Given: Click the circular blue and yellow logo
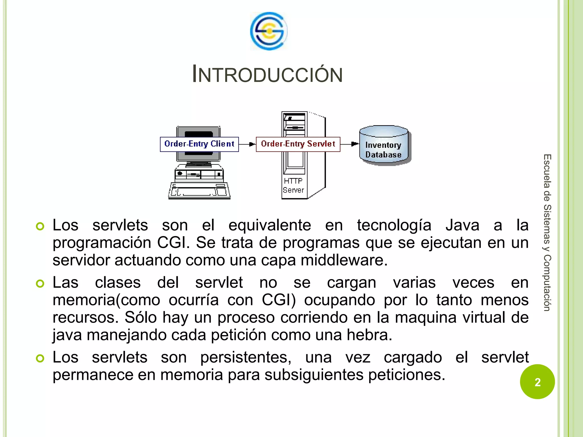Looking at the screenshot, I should pyautogui.click(x=269, y=31).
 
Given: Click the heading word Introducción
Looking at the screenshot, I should pyautogui.click(x=267, y=74).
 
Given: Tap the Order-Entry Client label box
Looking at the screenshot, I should pyautogui.click(x=199, y=144).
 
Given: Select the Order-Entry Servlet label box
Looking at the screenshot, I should pyautogui.click(x=298, y=144).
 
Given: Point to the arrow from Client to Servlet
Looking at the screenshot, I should pyautogui.click(x=247, y=144).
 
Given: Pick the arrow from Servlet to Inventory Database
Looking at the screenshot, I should pyautogui.click(x=350, y=144).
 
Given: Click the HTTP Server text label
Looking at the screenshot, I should pyautogui.click(x=293, y=185).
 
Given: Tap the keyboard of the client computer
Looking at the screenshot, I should pyautogui.click(x=199, y=191).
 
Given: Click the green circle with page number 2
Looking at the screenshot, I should pyautogui.click(x=537, y=382).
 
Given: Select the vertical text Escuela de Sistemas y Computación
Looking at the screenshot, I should pyautogui.click(x=547, y=232).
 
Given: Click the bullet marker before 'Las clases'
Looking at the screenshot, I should pyautogui.click(x=40, y=284).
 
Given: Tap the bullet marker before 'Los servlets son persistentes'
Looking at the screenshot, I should pyautogui.click(x=40, y=358).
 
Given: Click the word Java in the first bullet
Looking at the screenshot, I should pyautogui.click(x=462, y=225).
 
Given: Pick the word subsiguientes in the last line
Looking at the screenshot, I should pyautogui.click(x=314, y=375).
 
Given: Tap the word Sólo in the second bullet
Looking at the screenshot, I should pyautogui.click(x=141, y=317).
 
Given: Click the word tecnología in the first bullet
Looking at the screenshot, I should pyautogui.click(x=394, y=225).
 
